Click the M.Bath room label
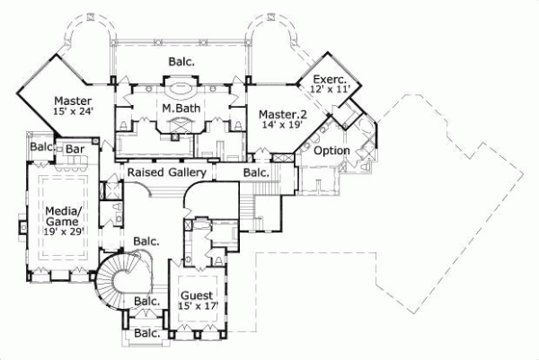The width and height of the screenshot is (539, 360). coord(180,110)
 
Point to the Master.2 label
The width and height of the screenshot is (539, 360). coord(278,114)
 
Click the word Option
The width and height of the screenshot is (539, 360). coord(331,150)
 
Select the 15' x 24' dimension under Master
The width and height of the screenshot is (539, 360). coord(73,112)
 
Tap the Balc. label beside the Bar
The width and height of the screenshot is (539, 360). coord(40,146)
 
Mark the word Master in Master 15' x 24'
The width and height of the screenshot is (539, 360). coord(72,100)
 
